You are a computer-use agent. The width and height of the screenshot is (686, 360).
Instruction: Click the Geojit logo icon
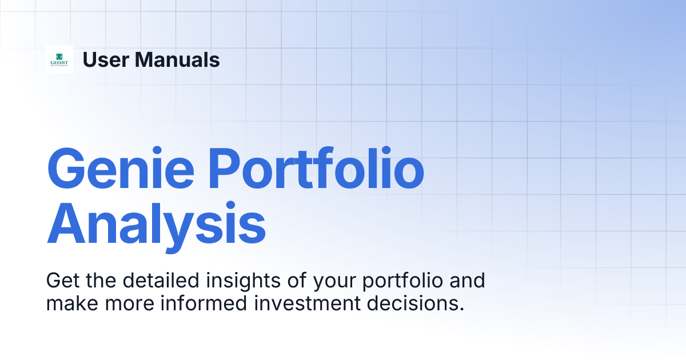point(59,59)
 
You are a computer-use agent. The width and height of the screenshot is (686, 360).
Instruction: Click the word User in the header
point(106,59)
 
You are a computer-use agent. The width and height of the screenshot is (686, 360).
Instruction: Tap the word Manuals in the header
point(177,59)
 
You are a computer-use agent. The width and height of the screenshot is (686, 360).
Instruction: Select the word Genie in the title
point(121,169)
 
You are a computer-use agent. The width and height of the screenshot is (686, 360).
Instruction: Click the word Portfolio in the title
point(316,168)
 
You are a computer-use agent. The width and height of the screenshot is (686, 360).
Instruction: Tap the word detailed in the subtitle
point(161,280)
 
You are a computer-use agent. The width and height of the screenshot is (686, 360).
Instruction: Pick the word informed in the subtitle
point(204,303)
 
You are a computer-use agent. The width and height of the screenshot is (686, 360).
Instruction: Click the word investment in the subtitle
point(307,303)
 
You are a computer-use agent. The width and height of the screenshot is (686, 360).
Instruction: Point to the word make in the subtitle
point(72,303)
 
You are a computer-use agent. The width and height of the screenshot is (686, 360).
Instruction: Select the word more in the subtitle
point(130,305)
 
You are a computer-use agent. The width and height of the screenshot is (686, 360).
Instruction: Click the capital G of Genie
point(66,169)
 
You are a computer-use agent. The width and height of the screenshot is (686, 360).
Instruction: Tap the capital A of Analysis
point(66,223)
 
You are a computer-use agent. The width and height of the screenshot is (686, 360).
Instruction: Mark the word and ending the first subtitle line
point(468,280)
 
